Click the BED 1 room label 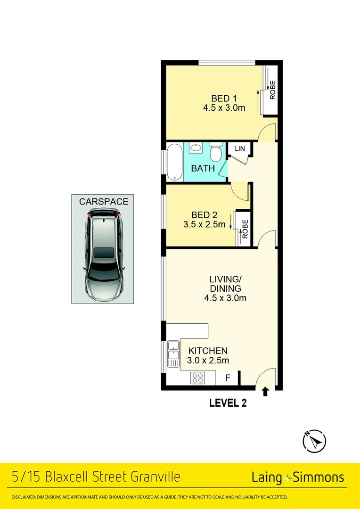224,99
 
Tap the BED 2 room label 204,215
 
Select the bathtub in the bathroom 173,162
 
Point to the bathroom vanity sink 196,149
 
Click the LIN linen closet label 240,149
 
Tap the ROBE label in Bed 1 272,90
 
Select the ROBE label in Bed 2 245,227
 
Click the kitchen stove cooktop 197,378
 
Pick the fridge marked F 228,378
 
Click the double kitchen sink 173,353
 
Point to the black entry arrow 265,391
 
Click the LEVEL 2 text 228,403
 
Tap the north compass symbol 314,441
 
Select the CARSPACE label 103,202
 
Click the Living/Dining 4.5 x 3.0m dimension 225,298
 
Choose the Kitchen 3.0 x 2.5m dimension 209,361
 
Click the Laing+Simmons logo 298,477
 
